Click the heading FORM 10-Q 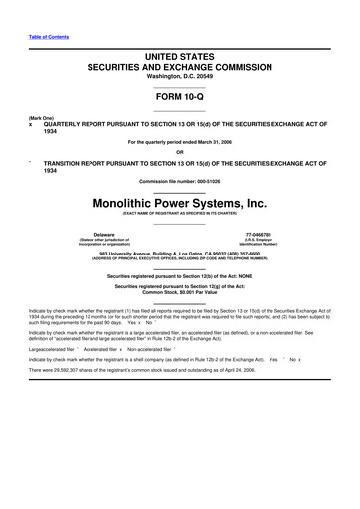180,102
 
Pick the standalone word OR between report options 180,152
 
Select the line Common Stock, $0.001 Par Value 180,292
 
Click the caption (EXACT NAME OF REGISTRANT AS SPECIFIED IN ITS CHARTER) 180,212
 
